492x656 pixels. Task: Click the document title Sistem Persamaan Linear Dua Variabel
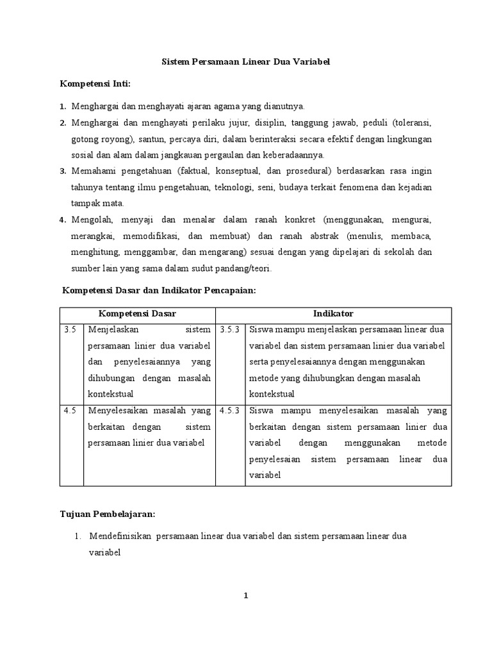[245, 62]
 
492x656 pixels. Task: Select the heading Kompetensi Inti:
[95, 83]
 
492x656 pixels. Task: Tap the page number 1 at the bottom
[245, 595]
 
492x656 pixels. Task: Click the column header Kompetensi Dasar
[137, 314]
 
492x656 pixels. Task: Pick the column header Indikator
[333, 314]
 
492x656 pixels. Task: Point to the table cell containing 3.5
[70, 330]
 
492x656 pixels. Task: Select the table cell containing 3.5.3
[229, 330]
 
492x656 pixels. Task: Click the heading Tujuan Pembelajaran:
[108, 514]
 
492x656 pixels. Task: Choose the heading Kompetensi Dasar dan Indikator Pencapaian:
[159, 291]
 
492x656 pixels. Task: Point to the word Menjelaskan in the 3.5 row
[112, 330]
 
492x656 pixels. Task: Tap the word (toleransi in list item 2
[411, 122]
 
